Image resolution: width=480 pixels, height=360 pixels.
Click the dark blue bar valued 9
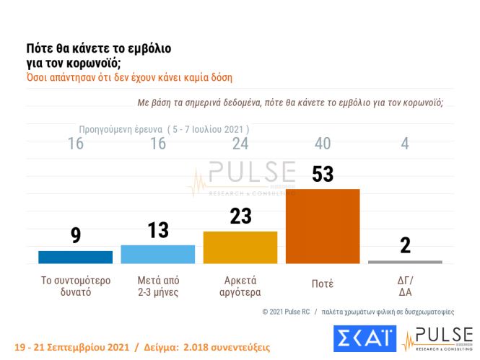75,257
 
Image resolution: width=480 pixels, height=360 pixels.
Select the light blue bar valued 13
157,254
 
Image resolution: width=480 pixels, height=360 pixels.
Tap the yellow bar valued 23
240,247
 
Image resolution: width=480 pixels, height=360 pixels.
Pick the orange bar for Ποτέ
323,226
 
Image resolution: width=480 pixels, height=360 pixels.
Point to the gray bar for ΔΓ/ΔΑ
405,262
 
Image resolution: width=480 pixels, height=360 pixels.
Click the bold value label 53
323,175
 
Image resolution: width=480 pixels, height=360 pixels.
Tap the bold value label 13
157,231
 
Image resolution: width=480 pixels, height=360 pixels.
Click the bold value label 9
75,237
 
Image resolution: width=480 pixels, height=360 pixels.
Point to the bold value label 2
405,245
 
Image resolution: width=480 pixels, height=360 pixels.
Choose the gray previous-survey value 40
323,143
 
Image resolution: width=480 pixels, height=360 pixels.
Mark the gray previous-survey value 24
240,143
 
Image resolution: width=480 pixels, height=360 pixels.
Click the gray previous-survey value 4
405,143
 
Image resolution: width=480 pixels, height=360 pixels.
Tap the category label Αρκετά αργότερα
240,286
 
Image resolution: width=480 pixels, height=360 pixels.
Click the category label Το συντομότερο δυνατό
75,286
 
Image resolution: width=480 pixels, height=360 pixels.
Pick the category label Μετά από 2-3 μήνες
157,286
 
